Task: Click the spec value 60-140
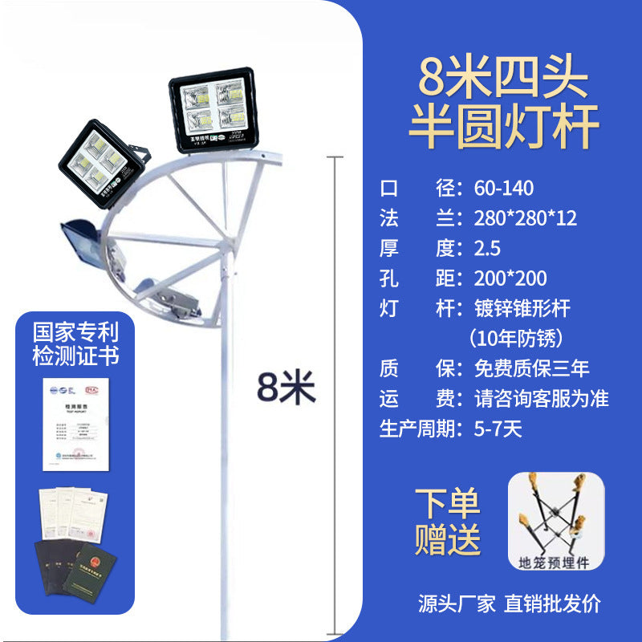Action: pos(504,189)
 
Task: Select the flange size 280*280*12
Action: pos(525,218)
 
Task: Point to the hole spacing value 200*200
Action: pos(510,278)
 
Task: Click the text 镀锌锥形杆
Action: pos(522,308)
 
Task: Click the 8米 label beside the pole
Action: pos(286,388)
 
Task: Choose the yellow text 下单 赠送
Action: pos(448,522)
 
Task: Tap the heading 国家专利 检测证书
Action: pos(75,343)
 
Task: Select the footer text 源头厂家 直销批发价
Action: pos(509,603)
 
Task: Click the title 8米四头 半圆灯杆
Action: pos(504,104)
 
